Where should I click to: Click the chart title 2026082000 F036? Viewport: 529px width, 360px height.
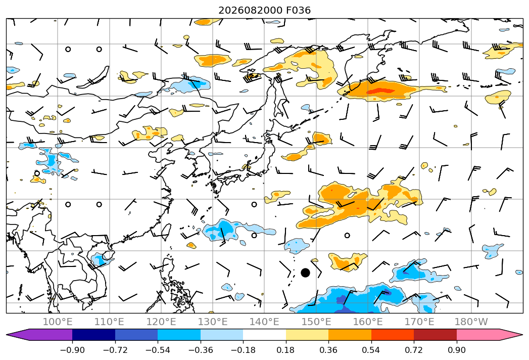point(265,10)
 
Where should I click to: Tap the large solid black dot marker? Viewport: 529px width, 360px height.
point(305,273)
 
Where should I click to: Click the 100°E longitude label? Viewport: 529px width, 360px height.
point(58,322)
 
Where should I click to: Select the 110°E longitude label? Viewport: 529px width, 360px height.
point(109,322)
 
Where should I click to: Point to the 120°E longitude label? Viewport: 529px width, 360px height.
point(161,322)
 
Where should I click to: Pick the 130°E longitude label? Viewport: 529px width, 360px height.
point(213,322)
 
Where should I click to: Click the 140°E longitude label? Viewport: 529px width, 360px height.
point(264,322)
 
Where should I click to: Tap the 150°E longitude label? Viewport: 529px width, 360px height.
point(316,322)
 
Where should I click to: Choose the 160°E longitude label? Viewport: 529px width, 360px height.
point(368,322)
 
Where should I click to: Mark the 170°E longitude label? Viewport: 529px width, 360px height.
point(419,322)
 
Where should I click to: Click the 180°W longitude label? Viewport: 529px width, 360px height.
point(471,322)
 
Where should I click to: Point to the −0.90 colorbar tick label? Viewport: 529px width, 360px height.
point(72,350)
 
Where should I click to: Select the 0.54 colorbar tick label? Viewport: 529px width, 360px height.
point(371,350)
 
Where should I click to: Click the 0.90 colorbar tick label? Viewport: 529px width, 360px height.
point(456,350)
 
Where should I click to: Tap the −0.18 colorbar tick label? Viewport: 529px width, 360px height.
point(243,350)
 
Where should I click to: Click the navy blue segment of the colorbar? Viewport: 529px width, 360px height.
point(94,334)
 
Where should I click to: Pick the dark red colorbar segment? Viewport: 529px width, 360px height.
point(435,334)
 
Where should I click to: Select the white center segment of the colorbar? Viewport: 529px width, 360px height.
point(265,334)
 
